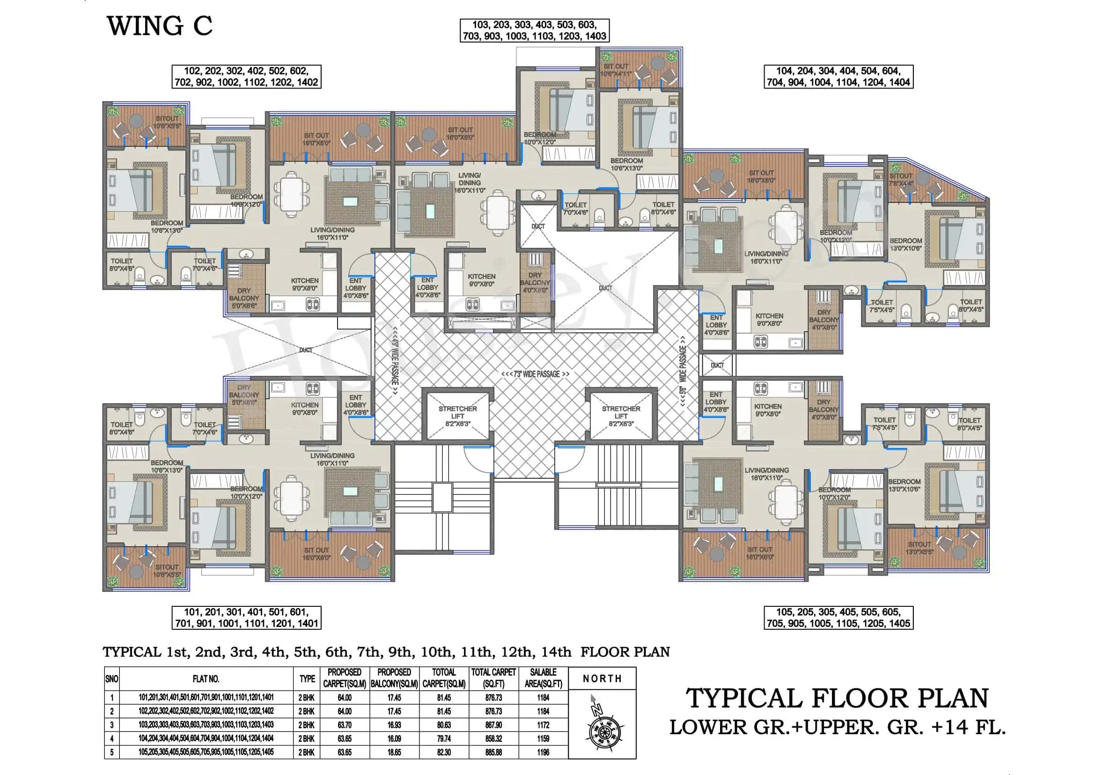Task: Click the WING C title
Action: point(159,26)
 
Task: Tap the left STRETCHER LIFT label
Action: point(457,416)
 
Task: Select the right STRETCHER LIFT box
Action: point(620,416)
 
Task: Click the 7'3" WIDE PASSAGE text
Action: point(535,374)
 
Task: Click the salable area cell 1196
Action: point(543,752)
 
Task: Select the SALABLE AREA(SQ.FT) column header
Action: point(543,678)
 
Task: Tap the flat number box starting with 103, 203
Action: point(534,30)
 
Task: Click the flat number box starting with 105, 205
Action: point(838,618)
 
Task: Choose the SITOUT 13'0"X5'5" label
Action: point(919,548)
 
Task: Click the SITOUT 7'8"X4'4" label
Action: point(901,179)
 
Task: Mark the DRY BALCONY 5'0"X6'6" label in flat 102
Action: point(244,298)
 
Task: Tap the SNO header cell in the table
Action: point(111,678)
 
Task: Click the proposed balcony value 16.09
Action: point(394,738)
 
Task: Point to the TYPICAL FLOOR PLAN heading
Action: point(837,698)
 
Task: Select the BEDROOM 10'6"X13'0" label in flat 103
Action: point(626,164)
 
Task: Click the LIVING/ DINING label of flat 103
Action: point(469,183)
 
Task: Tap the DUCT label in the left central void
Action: point(306,350)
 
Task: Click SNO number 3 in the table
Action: point(111,724)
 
